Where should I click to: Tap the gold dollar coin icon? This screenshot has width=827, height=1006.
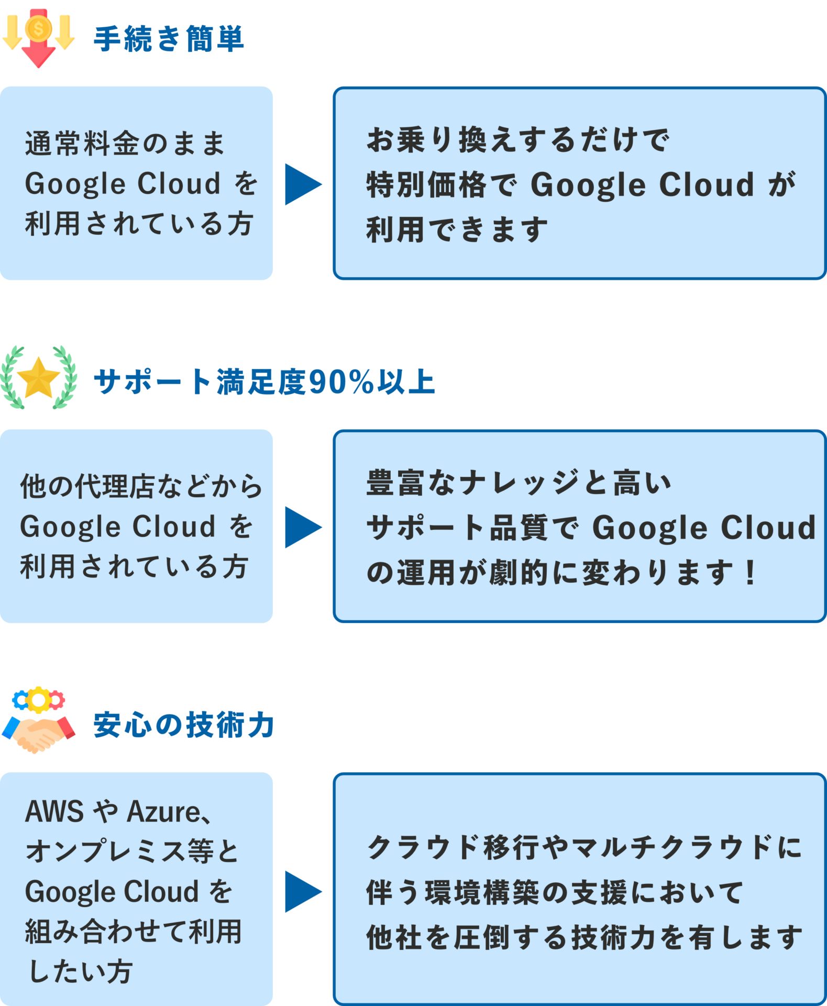pyautogui.click(x=38, y=27)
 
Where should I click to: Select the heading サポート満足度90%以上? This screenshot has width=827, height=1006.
pyautogui.click(x=264, y=381)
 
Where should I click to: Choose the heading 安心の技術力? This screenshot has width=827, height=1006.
pyautogui.click(x=184, y=725)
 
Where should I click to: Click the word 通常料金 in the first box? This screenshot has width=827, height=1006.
pyautogui.click(x=82, y=143)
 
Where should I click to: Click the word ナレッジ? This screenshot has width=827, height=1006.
pyautogui.click(x=520, y=483)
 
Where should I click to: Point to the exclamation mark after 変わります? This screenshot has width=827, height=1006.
pyautogui.click(x=751, y=572)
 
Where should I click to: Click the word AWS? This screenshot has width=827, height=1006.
pyautogui.click(x=54, y=811)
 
